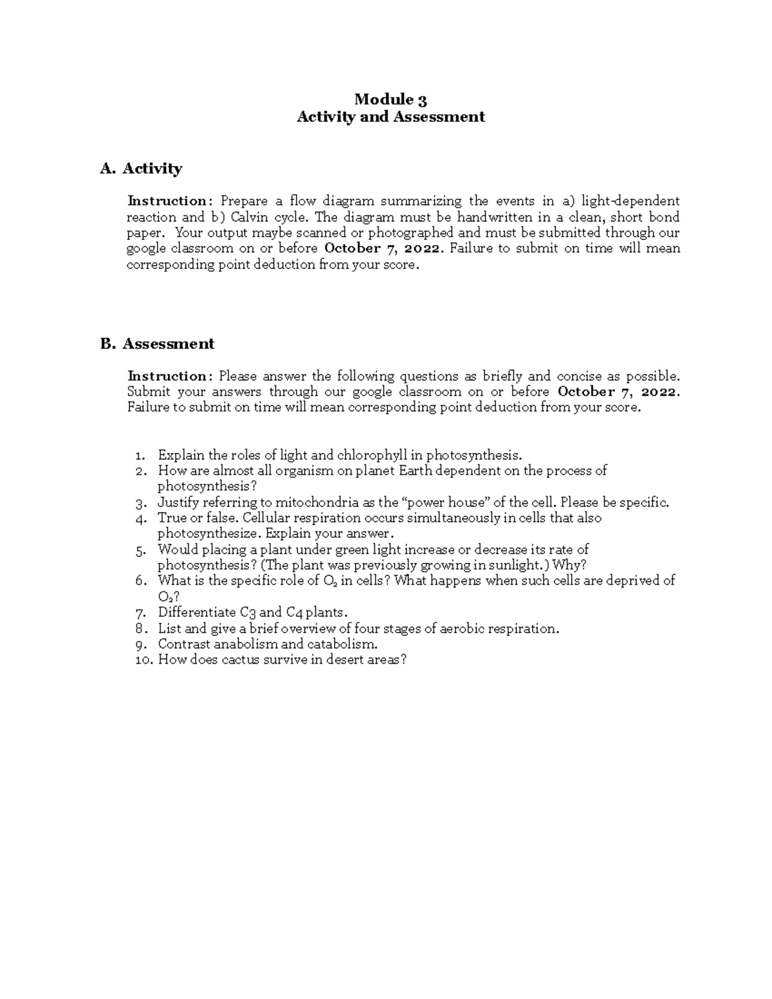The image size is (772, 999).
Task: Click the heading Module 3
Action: click(x=391, y=99)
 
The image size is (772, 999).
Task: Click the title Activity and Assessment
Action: click(x=391, y=116)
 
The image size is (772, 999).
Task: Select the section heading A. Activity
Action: click(x=141, y=169)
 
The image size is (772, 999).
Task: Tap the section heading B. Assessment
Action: click(x=157, y=344)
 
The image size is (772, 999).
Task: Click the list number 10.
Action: click(x=143, y=659)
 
